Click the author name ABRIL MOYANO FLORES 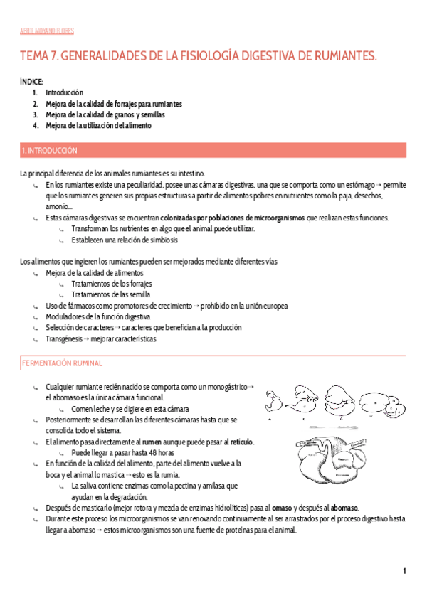coord(46,31)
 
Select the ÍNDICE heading coord(32,82)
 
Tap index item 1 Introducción coord(64,92)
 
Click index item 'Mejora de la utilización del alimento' coord(98,125)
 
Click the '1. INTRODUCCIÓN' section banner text coord(49,151)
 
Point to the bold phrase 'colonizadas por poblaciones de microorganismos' coord(233,218)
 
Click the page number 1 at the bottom coord(404,572)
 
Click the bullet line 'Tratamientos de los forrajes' coord(112,284)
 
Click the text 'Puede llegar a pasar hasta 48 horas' coord(122,452)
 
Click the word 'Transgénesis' coord(64,338)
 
